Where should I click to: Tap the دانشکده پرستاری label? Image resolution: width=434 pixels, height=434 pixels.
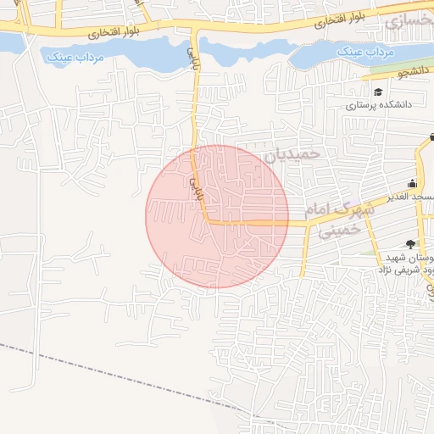point(378,106)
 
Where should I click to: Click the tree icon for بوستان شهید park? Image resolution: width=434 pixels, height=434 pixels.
point(412,244)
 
